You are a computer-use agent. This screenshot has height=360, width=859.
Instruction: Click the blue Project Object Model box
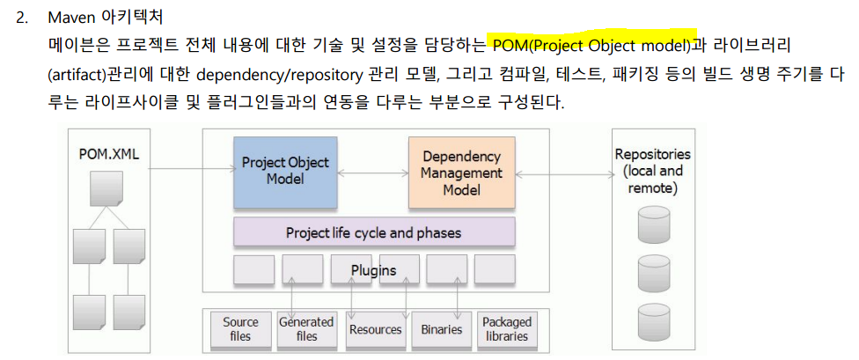pyautogui.click(x=285, y=171)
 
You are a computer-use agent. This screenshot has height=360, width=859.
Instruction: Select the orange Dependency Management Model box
pyautogui.click(x=461, y=171)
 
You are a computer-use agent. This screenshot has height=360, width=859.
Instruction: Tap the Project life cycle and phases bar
pyautogui.click(x=373, y=233)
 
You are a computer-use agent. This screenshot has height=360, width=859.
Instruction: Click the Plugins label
pyautogui.click(x=373, y=270)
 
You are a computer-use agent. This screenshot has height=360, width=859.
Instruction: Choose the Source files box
pyautogui.click(x=240, y=329)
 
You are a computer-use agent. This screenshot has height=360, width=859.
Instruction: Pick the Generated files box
pyautogui.click(x=306, y=329)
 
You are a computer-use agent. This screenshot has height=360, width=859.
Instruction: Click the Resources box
pyautogui.click(x=375, y=329)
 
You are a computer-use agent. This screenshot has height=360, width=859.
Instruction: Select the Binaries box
pyautogui.click(x=441, y=329)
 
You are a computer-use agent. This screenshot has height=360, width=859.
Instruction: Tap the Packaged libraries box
pyautogui.click(x=507, y=329)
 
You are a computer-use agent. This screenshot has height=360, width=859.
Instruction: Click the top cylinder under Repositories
pyautogui.click(x=653, y=224)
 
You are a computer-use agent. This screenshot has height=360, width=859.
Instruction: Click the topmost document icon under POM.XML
pyautogui.click(x=106, y=187)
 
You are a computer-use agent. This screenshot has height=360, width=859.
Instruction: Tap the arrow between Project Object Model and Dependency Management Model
pyautogui.click(x=373, y=172)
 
